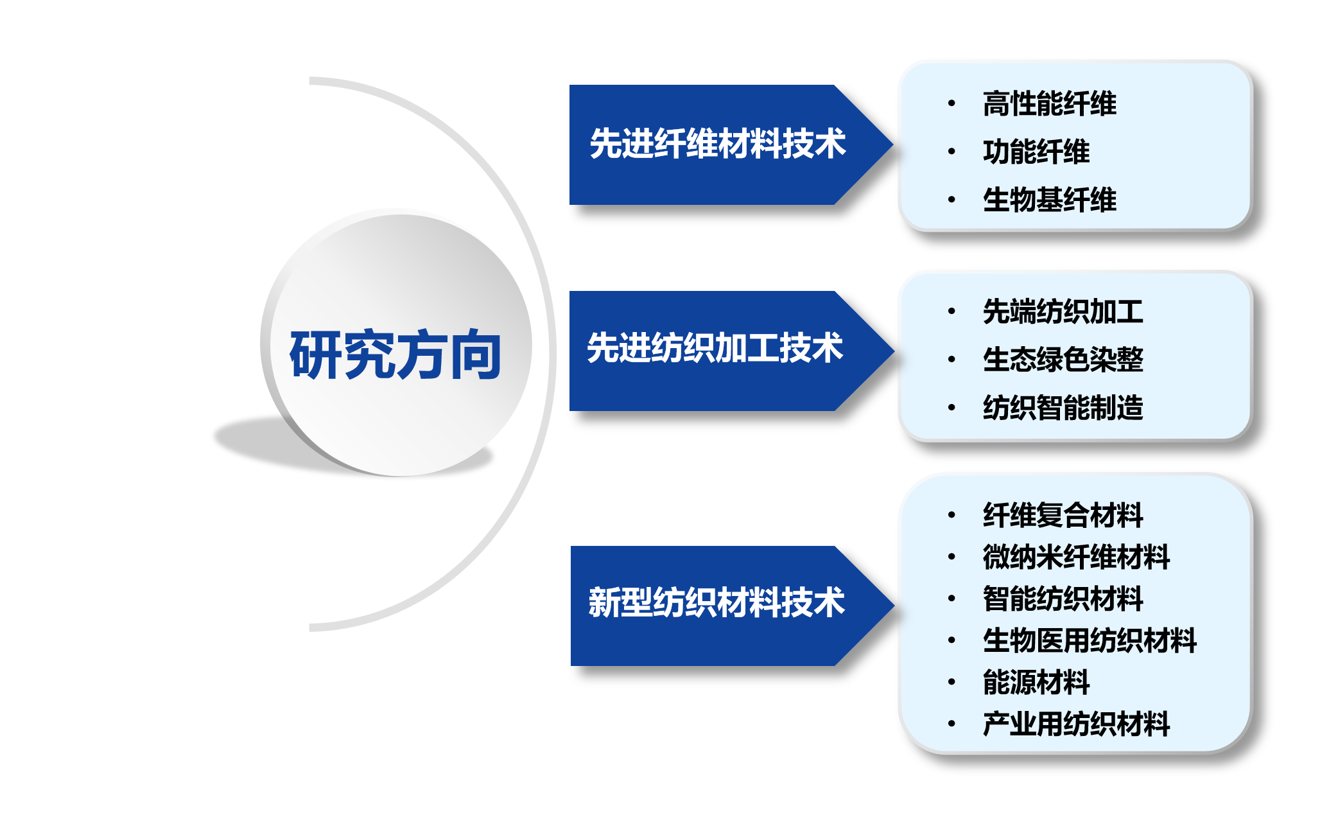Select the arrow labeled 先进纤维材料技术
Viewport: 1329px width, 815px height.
coord(731,145)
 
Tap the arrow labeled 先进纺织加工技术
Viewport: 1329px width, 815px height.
coord(731,351)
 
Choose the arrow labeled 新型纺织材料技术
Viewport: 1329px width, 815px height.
coord(732,606)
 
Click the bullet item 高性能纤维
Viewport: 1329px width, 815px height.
coord(1050,103)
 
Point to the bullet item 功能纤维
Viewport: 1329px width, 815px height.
coord(1036,152)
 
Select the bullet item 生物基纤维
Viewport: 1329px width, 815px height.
coord(1050,200)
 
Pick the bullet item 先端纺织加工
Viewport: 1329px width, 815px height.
coord(1063,311)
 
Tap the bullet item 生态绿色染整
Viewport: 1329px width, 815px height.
coord(1063,359)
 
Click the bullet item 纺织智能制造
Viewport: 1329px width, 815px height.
coord(1063,407)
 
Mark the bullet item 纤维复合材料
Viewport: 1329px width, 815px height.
coord(1063,515)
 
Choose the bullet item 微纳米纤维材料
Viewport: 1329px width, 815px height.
coord(1077,557)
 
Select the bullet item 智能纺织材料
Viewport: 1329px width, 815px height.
coord(1063,599)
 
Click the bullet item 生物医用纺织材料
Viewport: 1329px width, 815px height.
coord(1090,640)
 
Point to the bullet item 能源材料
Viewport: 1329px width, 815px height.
coord(1036,682)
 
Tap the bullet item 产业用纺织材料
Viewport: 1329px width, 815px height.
coord(1077,724)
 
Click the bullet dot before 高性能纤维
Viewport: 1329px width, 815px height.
coord(951,103)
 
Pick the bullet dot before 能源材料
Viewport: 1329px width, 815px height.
coord(951,682)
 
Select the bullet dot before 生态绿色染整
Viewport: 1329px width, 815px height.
coord(951,359)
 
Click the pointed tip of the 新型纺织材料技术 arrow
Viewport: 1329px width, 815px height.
coord(894,606)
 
